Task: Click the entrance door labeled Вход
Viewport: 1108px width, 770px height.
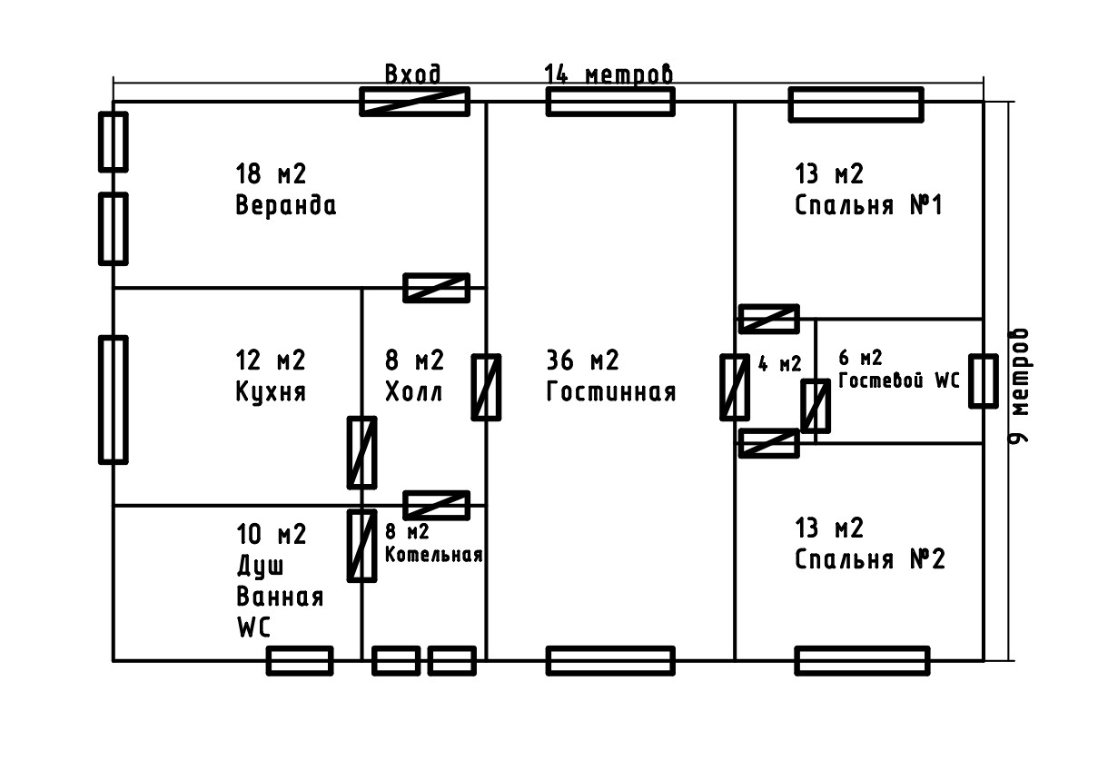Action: [415, 102]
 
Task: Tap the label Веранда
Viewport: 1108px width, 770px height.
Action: [285, 205]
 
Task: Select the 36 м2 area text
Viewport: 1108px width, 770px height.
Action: [582, 360]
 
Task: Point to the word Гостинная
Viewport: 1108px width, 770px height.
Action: [611, 392]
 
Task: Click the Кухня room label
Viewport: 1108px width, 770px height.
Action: [271, 392]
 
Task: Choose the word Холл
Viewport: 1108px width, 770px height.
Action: [414, 392]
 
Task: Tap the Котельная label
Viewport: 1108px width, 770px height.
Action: [433, 555]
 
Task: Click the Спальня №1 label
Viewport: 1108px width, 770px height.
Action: [869, 205]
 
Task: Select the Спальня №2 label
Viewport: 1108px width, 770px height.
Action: [869, 558]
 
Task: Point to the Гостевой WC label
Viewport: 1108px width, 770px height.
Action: [898, 380]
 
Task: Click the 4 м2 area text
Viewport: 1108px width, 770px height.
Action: [779, 364]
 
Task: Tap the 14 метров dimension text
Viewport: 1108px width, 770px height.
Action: [608, 74]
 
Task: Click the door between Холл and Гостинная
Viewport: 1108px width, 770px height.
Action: [486, 387]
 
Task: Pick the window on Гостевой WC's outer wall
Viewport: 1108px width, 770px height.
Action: [983, 380]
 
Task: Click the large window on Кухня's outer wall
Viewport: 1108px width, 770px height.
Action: [113, 400]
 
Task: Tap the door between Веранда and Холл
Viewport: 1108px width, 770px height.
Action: [436, 288]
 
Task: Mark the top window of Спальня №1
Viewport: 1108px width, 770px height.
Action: [856, 104]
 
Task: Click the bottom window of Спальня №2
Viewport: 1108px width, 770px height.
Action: [862, 661]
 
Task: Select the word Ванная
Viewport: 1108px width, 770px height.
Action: [280, 597]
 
